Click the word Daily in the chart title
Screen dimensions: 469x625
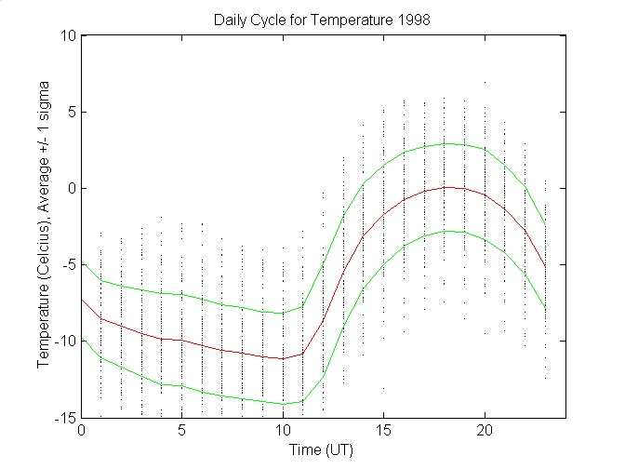point(230,19)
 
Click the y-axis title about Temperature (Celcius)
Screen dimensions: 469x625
point(45,227)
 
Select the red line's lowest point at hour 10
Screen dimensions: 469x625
point(283,358)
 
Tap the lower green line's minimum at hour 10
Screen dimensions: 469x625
point(283,404)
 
